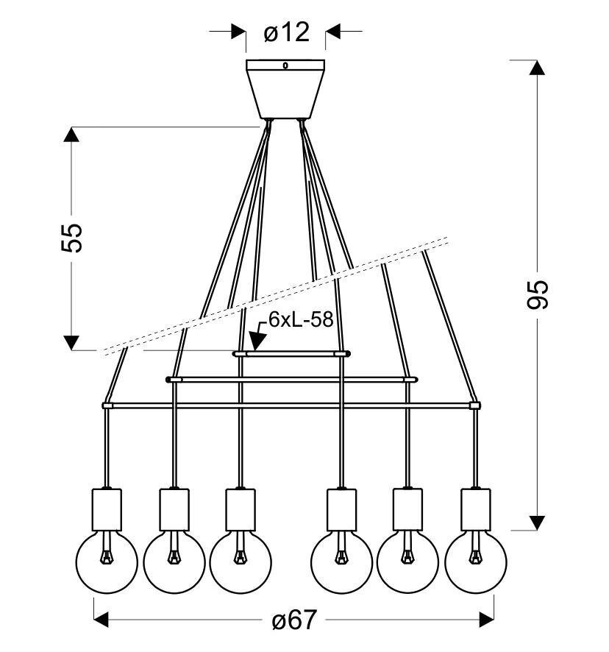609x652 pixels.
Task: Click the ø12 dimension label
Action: click(x=286, y=32)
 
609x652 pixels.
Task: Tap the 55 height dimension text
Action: click(x=73, y=238)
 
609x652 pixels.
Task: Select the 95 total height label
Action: click(x=538, y=294)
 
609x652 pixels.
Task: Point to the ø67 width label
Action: click(x=293, y=620)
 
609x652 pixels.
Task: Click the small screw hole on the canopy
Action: click(x=286, y=65)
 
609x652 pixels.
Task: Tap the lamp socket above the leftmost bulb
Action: click(x=107, y=508)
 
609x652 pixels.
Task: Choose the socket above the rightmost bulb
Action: click(x=476, y=508)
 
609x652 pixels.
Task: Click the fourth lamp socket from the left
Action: click(x=341, y=508)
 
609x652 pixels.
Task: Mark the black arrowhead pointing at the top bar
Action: click(x=257, y=340)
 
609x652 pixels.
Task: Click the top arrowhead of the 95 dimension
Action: click(x=538, y=67)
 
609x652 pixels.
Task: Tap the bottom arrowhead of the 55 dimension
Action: click(x=71, y=342)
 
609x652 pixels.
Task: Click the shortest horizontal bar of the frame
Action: click(x=291, y=354)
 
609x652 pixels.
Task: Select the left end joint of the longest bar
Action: click(x=107, y=405)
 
